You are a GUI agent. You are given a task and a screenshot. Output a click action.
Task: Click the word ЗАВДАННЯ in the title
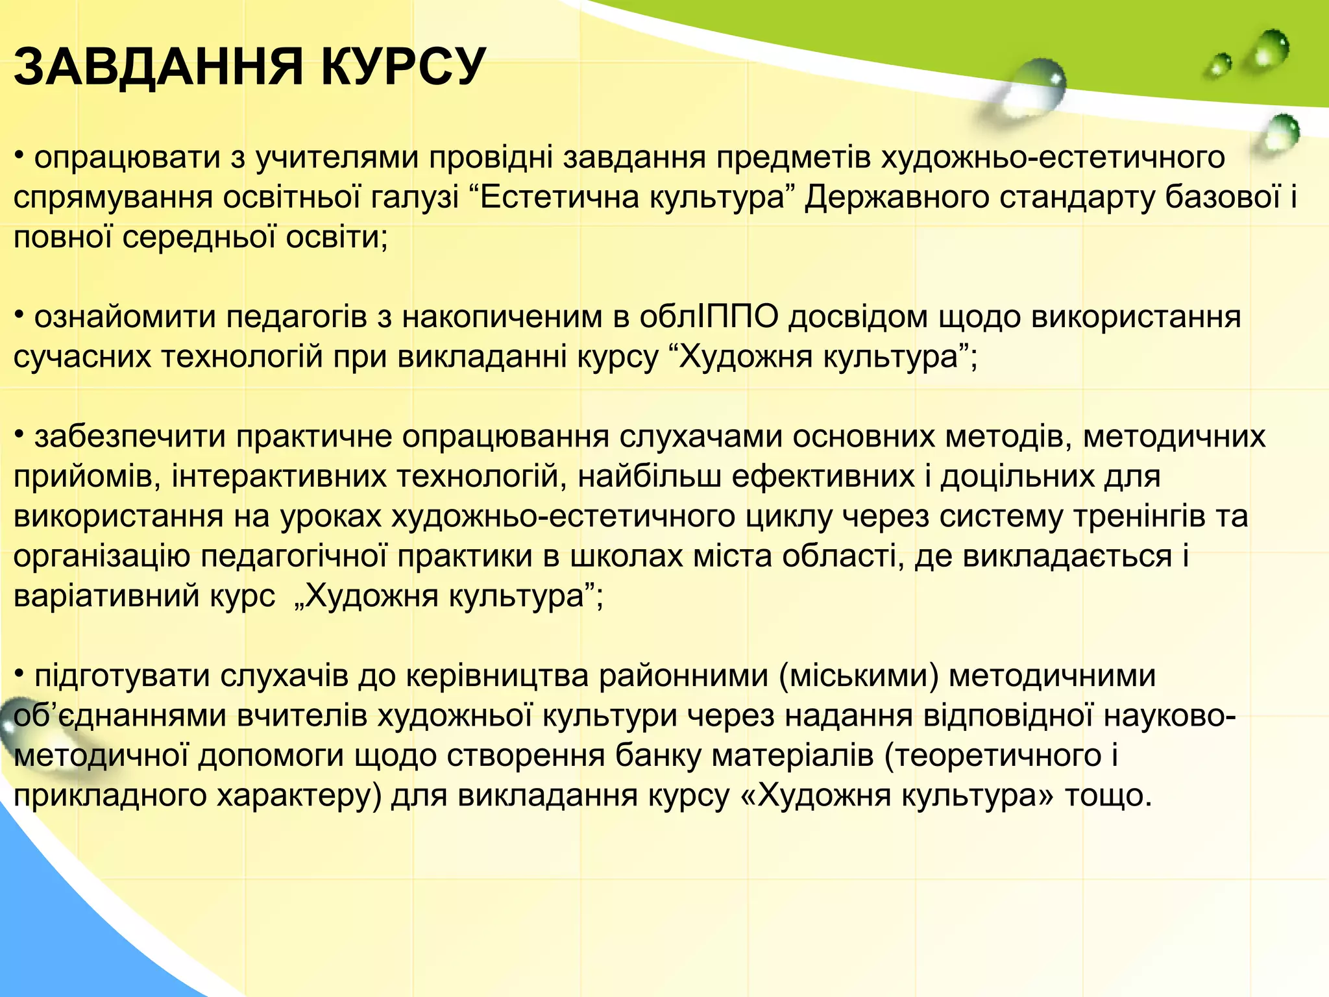158,67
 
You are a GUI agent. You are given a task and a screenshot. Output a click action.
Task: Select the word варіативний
107,597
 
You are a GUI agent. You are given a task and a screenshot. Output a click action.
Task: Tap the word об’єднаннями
119,717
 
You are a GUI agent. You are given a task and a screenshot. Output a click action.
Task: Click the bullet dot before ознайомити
19,315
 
